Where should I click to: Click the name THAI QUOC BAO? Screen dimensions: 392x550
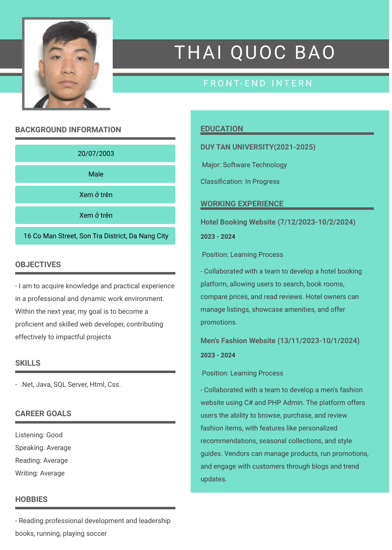[x=255, y=52]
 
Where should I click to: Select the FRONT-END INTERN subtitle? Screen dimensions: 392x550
[x=258, y=83]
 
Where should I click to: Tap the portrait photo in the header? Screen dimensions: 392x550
[x=68, y=64]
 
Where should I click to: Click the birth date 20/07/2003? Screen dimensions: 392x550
[x=96, y=153]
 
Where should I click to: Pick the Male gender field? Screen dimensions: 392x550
[x=96, y=174]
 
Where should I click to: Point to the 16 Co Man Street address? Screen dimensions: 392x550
[x=96, y=236]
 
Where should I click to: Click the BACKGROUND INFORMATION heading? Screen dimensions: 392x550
[x=68, y=130]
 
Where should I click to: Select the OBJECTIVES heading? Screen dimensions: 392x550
[x=38, y=265]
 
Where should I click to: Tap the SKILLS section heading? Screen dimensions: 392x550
[x=28, y=363]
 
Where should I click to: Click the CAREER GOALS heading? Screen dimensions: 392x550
[x=43, y=414]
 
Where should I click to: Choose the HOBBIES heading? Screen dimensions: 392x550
[x=31, y=500]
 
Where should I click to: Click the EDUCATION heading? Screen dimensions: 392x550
[x=221, y=129]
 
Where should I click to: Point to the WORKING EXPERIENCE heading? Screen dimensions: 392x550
[x=242, y=204]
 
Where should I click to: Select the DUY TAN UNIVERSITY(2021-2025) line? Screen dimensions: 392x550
[x=258, y=147]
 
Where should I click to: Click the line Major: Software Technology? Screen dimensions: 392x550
[x=245, y=165]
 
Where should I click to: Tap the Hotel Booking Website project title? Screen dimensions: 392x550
[x=278, y=222]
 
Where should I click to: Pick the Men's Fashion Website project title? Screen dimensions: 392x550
[x=280, y=341]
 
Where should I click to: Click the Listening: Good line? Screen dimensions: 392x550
[x=39, y=435]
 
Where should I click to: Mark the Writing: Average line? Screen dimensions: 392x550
[x=40, y=473]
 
